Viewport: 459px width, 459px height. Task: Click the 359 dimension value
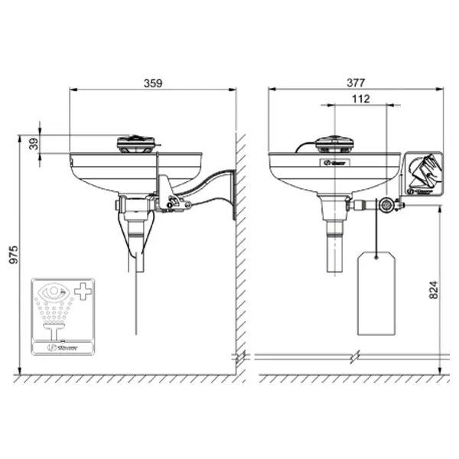[153, 84]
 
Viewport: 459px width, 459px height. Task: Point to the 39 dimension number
[33, 144]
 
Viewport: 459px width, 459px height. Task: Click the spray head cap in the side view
[137, 142]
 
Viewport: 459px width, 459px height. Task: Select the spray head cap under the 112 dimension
[335, 143]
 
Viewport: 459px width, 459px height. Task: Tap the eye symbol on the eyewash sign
[53, 291]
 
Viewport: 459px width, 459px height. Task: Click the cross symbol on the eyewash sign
[81, 291]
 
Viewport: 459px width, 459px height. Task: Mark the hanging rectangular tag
[375, 295]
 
